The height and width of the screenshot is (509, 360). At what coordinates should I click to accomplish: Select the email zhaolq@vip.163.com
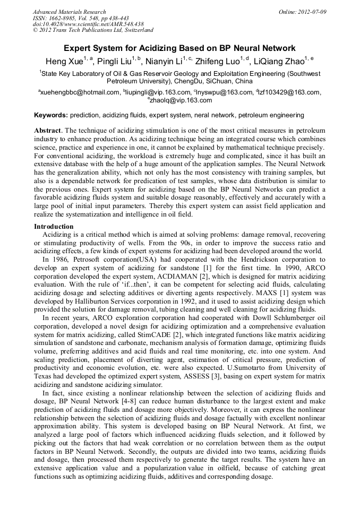[x=181, y=100]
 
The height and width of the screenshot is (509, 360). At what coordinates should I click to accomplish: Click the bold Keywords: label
[x=51, y=115]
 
